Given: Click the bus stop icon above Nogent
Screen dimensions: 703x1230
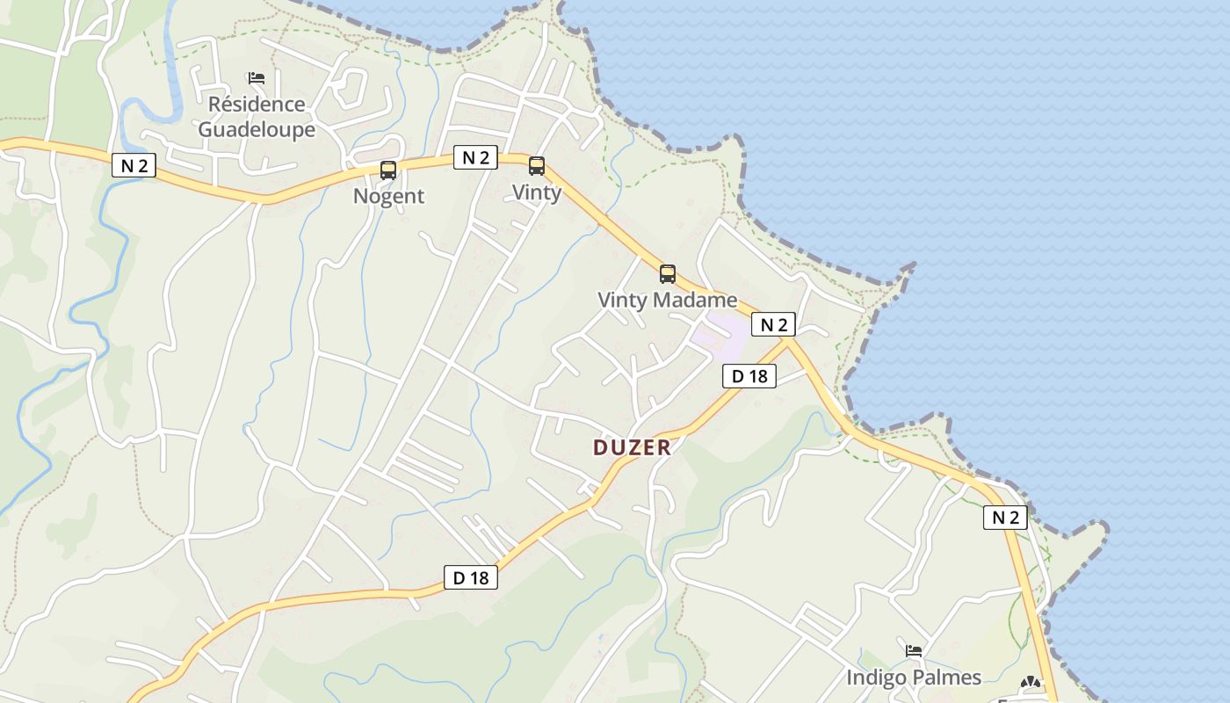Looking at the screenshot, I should [x=388, y=170].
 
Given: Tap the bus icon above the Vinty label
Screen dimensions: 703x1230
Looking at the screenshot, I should [x=536, y=166].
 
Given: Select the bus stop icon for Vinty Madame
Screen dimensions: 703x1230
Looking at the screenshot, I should [x=668, y=273].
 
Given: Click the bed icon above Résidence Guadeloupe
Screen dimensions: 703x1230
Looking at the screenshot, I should [x=257, y=78].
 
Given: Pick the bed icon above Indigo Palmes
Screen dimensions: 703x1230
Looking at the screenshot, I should [x=914, y=651].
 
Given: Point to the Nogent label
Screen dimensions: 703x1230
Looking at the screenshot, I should [x=388, y=196].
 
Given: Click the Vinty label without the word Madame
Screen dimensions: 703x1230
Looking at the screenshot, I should [x=536, y=192].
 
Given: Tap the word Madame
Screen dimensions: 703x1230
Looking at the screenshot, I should [x=693, y=300].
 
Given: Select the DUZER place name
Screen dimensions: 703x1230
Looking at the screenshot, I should [x=632, y=447].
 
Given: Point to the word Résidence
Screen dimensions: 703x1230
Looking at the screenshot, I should [x=257, y=105].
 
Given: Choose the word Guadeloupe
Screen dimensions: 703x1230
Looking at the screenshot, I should [x=257, y=129].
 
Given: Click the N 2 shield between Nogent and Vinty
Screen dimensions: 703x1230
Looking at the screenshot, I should [x=475, y=157].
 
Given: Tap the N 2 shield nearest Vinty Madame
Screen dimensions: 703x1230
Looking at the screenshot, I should [x=773, y=324].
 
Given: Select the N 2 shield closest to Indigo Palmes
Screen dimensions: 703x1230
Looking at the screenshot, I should [x=1005, y=518].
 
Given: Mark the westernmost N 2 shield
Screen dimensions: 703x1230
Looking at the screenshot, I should [x=134, y=164].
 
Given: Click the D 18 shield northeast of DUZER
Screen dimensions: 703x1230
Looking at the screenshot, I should [x=749, y=376].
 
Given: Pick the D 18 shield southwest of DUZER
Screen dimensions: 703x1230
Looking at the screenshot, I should [x=471, y=577].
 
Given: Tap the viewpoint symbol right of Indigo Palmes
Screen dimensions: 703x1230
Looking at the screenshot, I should [x=1031, y=682].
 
